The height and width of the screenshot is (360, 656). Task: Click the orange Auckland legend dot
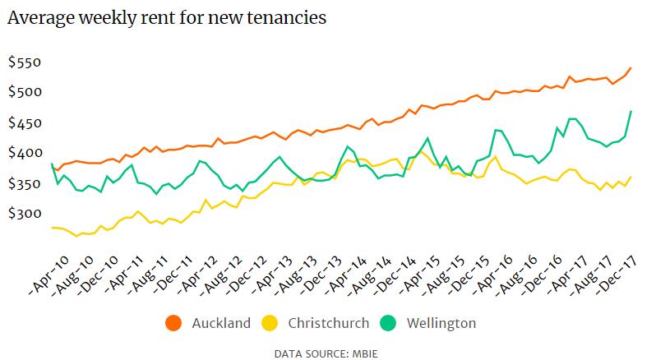click(x=173, y=323)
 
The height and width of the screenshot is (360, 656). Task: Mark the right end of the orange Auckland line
click(x=631, y=68)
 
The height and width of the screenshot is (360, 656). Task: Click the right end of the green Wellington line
click(x=631, y=111)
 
